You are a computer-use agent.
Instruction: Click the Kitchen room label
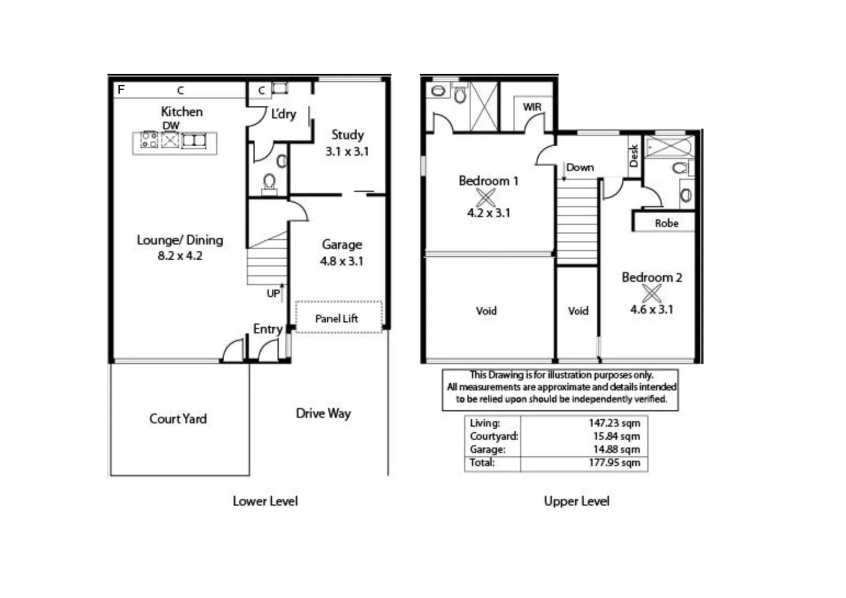click(x=182, y=111)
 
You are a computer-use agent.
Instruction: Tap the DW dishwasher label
click(x=171, y=126)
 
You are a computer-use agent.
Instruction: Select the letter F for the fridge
click(x=121, y=89)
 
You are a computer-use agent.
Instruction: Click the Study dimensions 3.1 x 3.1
click(x=347, y=151)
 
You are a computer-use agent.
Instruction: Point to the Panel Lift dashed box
click(x=338, y=317)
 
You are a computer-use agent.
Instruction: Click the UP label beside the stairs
click(x=273, y=293)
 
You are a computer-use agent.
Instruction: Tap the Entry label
click(x=268, y=329)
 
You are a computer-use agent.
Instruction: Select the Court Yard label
click(x=178, y=419)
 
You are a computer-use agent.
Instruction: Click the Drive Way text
click(x=323, y=414)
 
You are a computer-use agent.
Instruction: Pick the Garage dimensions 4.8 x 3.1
click(x=342, y=261)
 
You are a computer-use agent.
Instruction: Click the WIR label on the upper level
click(x=532, y=107)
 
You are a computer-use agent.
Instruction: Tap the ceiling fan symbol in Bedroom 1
click(x=486, y=197)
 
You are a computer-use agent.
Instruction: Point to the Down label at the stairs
click(x=580, y=167)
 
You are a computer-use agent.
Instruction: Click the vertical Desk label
click(x=634, y=156)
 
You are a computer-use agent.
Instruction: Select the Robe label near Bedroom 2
click(x=666, y=223)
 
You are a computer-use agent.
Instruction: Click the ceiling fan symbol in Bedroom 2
click(x=652, y=293)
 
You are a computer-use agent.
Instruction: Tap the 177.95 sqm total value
click(x=614, y=463)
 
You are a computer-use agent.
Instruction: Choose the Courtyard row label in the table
click(x=494, y=436)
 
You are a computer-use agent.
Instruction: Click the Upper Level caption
click(x=576, y=501)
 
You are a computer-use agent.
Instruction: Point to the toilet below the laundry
click(x=270, y=182)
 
